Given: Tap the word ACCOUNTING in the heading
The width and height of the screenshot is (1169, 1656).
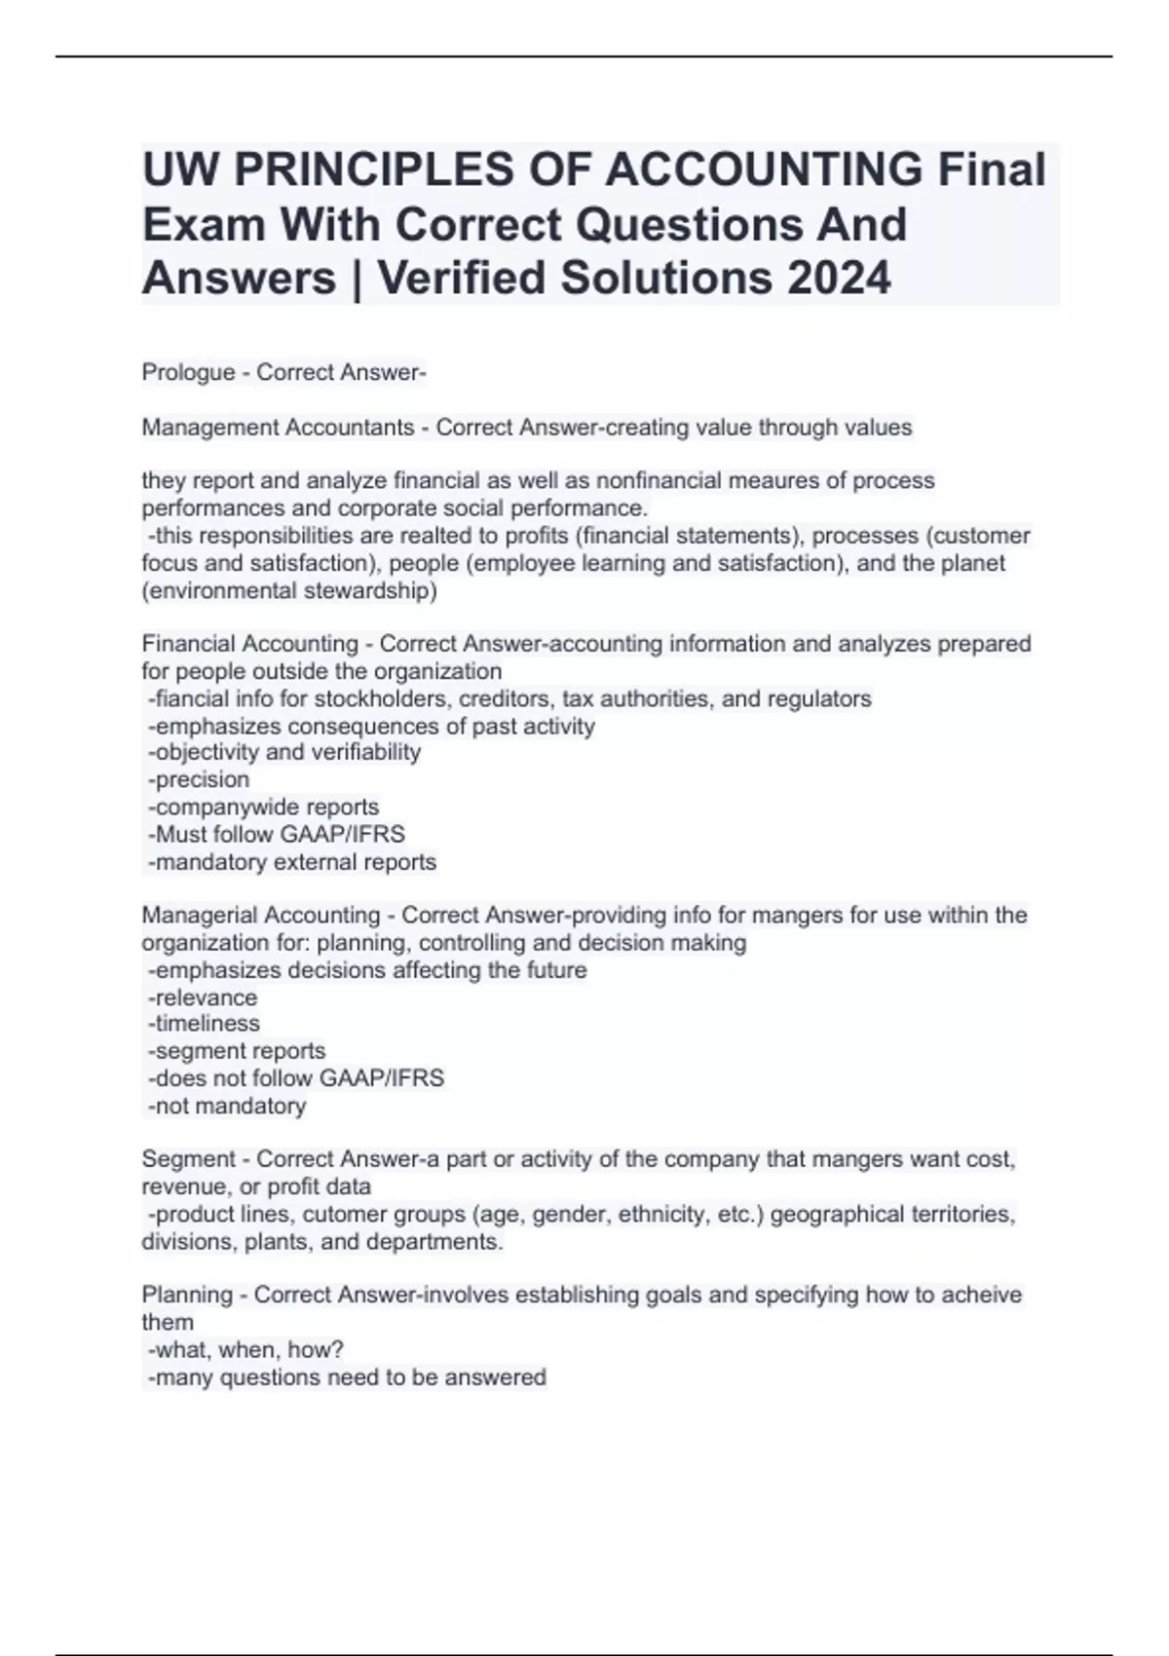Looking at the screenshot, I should [x=763, y=169].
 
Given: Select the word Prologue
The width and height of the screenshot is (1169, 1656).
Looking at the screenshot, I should [x=188, y=372].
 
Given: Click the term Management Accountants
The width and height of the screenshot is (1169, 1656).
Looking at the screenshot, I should [x=278, y=428].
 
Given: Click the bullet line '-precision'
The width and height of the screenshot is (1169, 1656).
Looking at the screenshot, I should [x=199, y=779].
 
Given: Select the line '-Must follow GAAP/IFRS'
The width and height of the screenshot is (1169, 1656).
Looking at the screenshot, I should [x=276, y=834].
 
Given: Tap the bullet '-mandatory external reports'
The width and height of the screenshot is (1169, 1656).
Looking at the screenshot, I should [x=291, y=862].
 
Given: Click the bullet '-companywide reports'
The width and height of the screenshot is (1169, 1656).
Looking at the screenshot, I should [x=263, y=807].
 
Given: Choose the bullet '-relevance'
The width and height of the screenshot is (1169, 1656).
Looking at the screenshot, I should [x=203, y=997].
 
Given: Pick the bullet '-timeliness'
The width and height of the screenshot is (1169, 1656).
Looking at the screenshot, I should [x=204, y=1024].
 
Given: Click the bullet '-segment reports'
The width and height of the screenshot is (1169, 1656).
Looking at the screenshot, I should [x=237, y=1051].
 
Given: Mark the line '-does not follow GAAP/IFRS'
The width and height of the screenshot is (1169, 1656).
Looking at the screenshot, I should [x=295, y=1078].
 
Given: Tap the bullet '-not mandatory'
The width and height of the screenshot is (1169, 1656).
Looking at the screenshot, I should [x=227, y=1106].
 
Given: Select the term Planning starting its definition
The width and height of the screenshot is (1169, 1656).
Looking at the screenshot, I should [x=187, y=1295].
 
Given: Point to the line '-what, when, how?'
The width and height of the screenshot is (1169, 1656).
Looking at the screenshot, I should [x=245, y=1349].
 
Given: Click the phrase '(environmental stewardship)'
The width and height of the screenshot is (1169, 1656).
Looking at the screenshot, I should [x=289, y=590].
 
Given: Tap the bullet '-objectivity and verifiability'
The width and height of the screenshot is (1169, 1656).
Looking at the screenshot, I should [x=284, y=752].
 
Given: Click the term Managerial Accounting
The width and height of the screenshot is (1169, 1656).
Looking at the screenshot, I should [x=260, y=916].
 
